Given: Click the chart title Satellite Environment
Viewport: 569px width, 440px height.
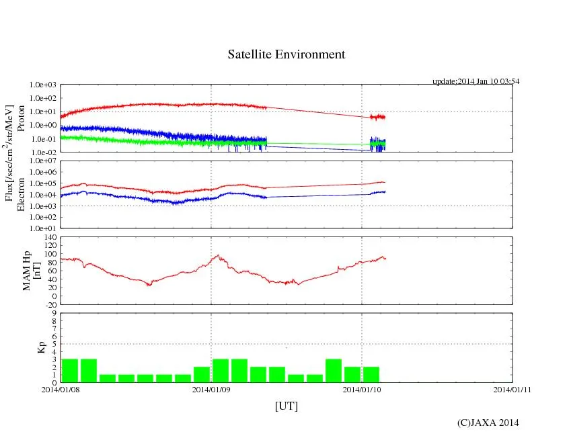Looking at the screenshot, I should pos(286,54).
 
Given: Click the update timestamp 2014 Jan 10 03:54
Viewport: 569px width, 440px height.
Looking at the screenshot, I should pos(476,81).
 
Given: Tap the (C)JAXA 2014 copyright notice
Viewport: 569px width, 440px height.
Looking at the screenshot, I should pos(488,423).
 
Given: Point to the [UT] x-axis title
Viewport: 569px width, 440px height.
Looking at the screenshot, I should pos(286,406).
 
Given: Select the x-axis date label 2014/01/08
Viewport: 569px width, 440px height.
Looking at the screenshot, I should pos(61,389).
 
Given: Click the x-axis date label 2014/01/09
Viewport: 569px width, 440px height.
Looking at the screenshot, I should pos(211,389).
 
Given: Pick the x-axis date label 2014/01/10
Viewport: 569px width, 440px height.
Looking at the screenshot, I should pos(362,389).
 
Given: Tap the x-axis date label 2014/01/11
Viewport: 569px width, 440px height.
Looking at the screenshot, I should pos(513,389).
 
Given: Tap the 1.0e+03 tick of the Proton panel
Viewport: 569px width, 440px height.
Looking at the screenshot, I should pos(42,85).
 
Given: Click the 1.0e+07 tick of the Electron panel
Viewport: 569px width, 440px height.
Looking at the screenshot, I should pos(42,162).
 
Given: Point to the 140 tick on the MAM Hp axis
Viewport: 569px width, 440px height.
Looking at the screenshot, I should pos(50,237).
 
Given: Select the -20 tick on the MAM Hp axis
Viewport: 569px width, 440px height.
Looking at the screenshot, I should pos(50,304).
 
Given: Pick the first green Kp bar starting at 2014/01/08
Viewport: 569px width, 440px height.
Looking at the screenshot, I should pos(70,371).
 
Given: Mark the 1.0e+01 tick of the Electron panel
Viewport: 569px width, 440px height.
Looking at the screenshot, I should pos(42,228).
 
